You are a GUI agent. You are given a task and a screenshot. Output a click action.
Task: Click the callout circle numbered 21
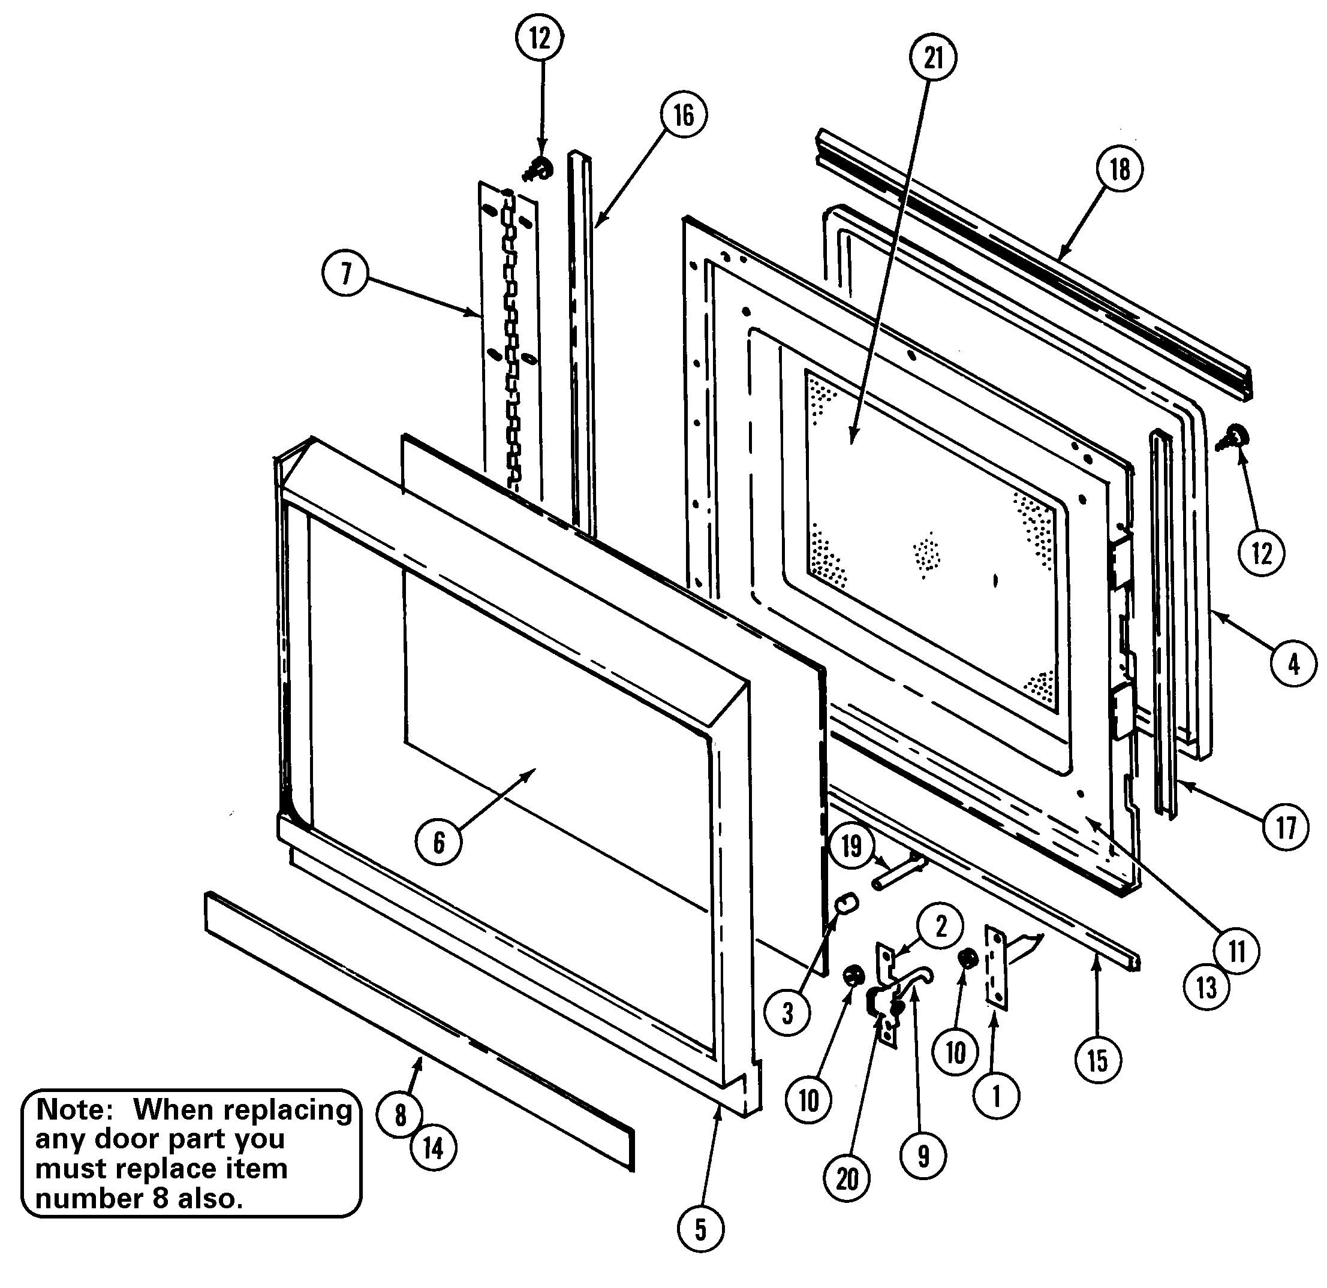(x=933, y=58)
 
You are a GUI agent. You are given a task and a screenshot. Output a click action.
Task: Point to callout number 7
(x=346, y=273)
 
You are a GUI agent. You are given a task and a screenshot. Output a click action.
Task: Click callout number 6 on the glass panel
(x=439, y=842)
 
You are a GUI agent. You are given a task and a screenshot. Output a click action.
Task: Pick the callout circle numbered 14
(x=434, y=1148)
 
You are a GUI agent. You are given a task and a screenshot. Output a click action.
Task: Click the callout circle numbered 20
(x=847, y=1179)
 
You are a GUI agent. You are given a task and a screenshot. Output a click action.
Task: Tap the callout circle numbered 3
(x=787, y=1013)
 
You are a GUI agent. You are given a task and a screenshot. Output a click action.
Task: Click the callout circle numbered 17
(x=1286, y=827)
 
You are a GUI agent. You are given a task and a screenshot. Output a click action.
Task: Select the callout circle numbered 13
(x=1207, y=988)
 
